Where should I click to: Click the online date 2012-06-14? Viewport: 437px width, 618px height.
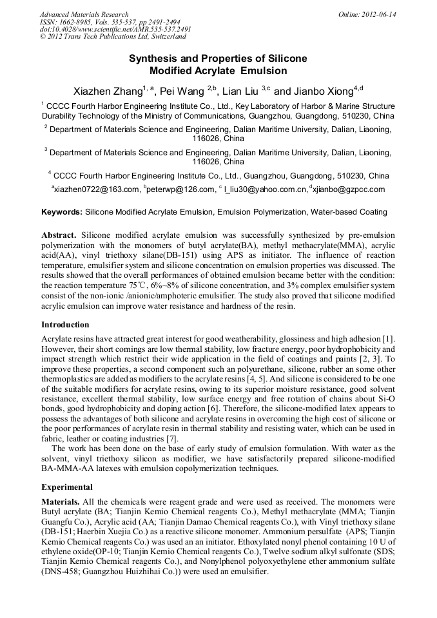[379, 14]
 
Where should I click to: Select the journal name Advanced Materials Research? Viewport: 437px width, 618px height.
[84, 14]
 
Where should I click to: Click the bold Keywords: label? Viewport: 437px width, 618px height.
[62, 212]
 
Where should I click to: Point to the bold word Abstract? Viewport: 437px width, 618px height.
[59, 236]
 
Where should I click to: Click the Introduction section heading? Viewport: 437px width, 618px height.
[65, 325]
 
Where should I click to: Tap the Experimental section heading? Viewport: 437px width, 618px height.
[67, 487]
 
